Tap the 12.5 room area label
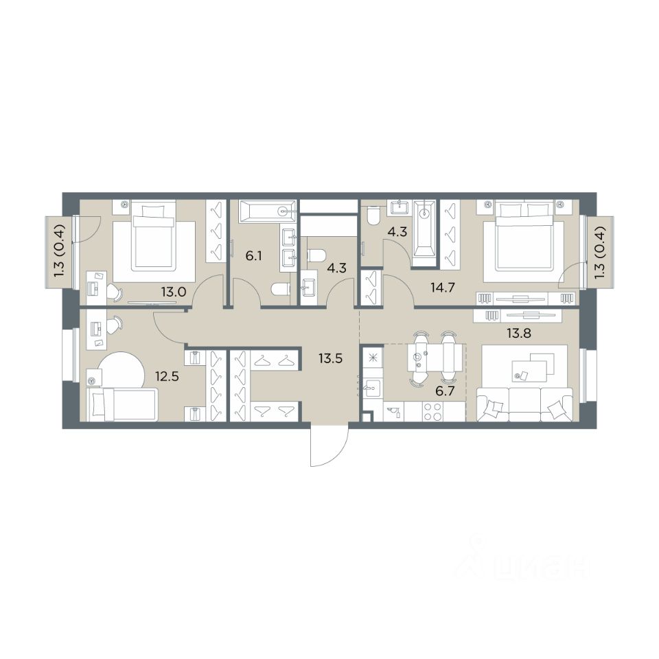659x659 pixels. click(167, 375)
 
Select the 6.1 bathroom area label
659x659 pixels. click(254, 255)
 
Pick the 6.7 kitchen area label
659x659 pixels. click(445, 392)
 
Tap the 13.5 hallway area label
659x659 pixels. click(330, 359)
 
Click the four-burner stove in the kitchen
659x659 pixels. click(432, 411)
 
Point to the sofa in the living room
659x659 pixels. click(524, 404)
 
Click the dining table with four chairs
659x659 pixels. click(432, 357)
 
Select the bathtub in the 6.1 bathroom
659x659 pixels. click(268, 211)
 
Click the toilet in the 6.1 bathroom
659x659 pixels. click(281, 290)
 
